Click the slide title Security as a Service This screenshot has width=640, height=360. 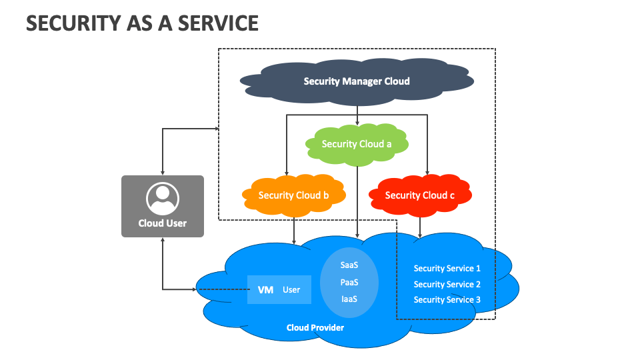click(142, 23)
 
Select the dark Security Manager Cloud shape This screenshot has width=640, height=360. click(357, 81)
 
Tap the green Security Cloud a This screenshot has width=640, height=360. click(357, 144)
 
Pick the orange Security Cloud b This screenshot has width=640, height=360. click(293, 195)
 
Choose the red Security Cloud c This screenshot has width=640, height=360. click(420, 195)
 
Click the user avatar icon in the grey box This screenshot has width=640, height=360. click(163, 198)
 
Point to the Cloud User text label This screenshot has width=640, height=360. click(163, 223)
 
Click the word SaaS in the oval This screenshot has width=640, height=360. click(349, 265)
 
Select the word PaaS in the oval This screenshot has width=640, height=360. click(349, 282)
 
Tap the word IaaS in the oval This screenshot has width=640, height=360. click(349, 299)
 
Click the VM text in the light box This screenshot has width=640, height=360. click(265, 290)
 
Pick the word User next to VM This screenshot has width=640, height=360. click(291, 290)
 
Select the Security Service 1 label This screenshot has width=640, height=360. click(447, 269)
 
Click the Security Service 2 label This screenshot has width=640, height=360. click(447, 285)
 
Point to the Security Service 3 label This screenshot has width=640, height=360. click(447, 300)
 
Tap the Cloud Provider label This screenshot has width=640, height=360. click(315, 327)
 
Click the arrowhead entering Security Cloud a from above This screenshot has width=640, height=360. click(359, 125)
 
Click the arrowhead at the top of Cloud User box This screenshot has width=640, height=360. click(163, 172)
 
